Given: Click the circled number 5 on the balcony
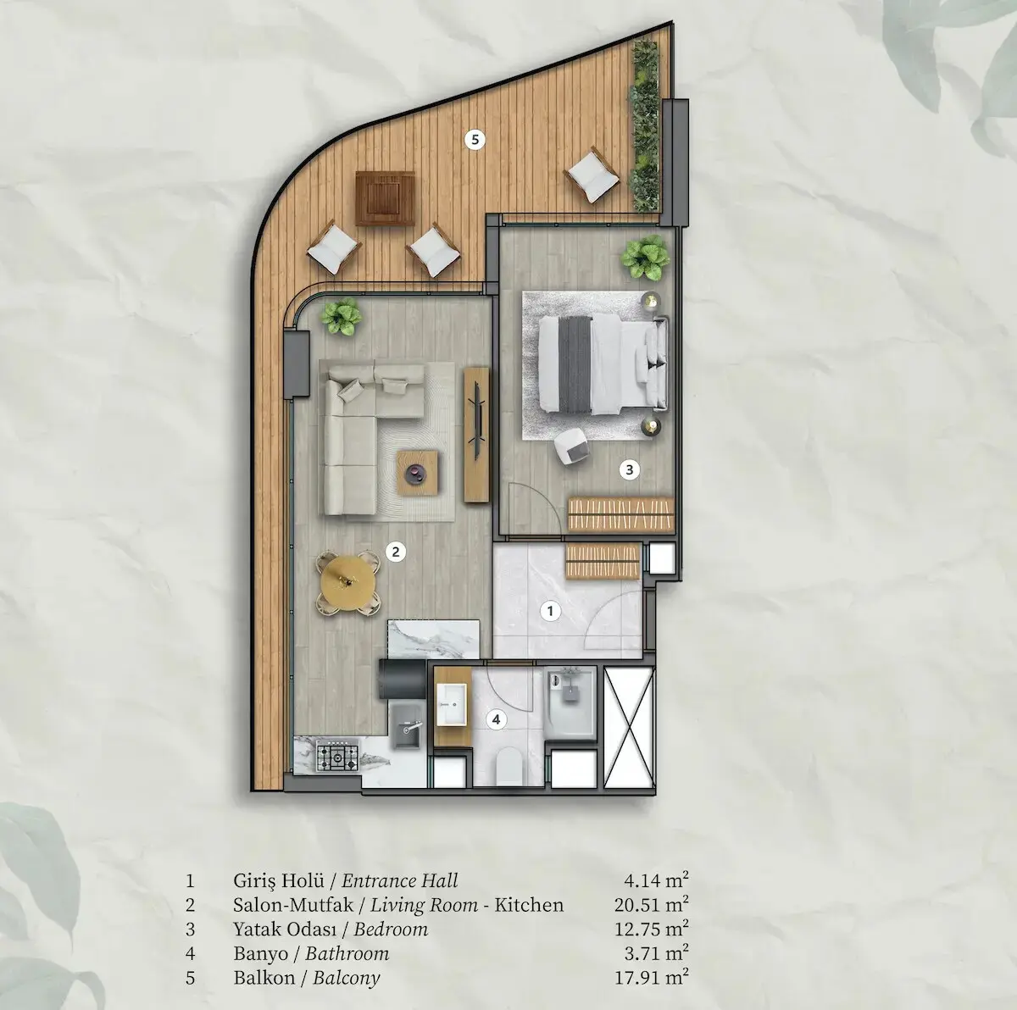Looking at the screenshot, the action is [x=475, y=140].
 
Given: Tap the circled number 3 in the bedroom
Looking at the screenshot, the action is [x=629, y=469].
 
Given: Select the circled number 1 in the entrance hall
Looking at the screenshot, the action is [x=551, y=611].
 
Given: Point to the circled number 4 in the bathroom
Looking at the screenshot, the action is [x=496, y=719].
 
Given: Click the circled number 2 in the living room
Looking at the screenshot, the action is [x=396, y=552].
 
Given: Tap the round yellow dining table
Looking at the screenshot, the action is [x=348, y=582].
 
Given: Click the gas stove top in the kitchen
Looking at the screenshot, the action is [x=337, y=756].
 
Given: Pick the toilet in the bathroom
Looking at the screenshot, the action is [x=509, y=766].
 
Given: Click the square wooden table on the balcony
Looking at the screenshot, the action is [x=385, y=198].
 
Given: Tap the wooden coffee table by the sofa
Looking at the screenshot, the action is [x=417, y=473].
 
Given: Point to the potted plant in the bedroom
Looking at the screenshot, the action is [x=645, y=258].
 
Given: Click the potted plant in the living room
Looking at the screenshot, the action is [x=342, y=316].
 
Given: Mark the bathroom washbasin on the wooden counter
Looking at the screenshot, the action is [x=452, y=705].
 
